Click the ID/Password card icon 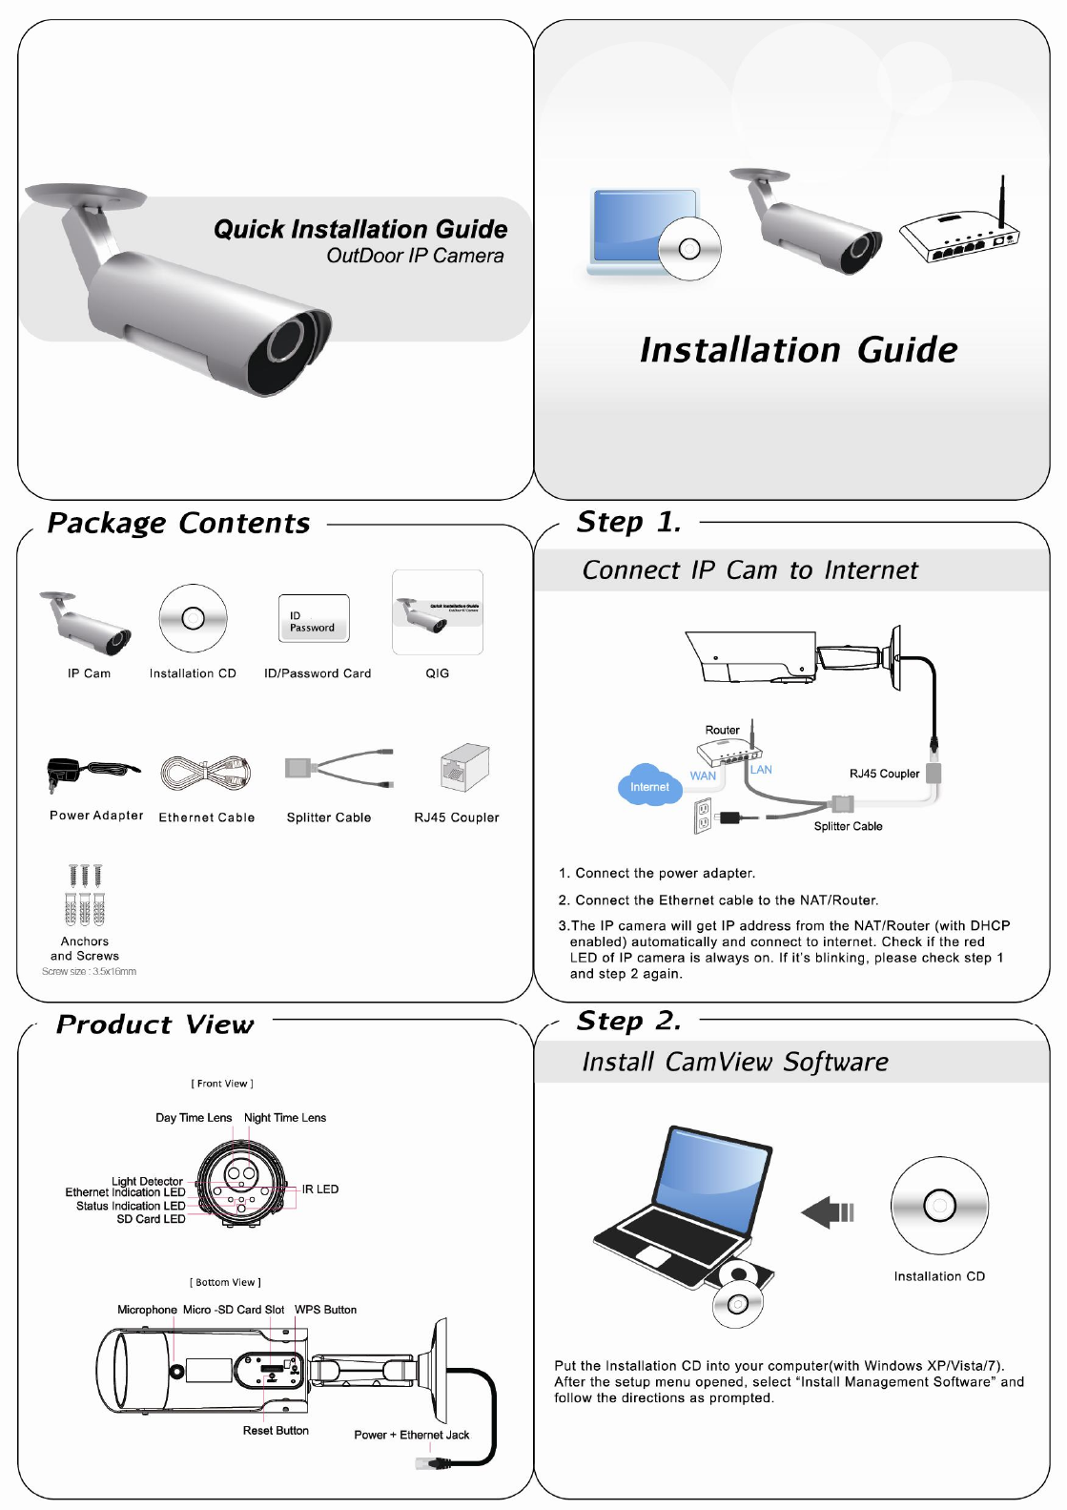(313, 619)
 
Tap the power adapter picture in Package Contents (91, 772)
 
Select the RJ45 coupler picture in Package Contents (464, 768)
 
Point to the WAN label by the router (703, 776)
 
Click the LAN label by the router (761, 770)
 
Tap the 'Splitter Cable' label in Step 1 (848, 826)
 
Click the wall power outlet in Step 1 (704, 816)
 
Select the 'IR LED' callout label (320, 1189)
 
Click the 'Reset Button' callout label (276, 1431)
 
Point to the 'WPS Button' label (325, 1310)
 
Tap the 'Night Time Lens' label (285, 1118)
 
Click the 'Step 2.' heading (628, 1021)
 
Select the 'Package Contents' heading (178, 523)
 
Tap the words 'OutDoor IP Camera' (415, 256)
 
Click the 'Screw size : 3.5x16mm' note (89, 972)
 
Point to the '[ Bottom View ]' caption (225, 1282)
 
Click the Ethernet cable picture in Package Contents (205, 772)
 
